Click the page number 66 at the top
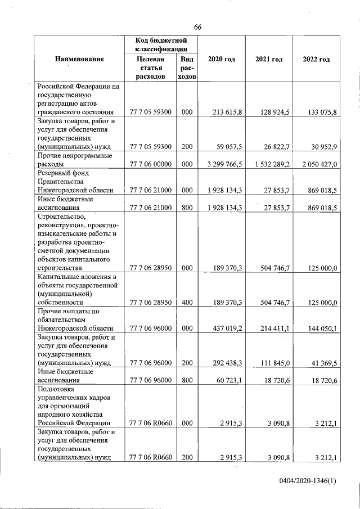click(x=197, y=28)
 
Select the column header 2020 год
click(x=222, y=60)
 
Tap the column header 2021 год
click(x=269, y=60)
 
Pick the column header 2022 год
click(x=316, y=60)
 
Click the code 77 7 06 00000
click(x=151, y=164)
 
